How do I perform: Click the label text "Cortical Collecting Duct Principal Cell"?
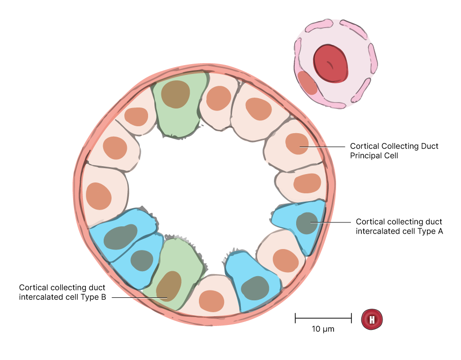pos(394,151)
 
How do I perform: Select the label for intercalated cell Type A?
pos(399,226)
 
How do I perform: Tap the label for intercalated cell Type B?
pos(62,292)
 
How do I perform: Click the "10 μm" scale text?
pos(323,329)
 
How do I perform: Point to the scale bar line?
pos(323,318)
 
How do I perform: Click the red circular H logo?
pos(372,320)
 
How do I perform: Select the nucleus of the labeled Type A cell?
pos(307,223)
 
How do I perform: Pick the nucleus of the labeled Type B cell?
pos(169,286)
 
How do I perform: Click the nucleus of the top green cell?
pos(175,94)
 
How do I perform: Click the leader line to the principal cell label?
pos(323,146)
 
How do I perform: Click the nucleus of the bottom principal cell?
pos(212,300)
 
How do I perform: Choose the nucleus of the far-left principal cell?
pos(98,196)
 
